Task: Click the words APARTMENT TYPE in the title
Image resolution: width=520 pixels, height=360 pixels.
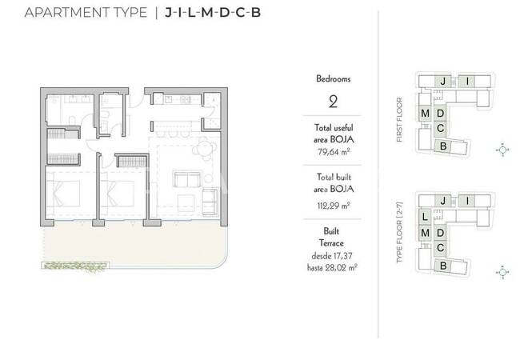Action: click(86, 13)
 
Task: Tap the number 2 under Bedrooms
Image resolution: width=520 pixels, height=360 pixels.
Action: click(333, 102)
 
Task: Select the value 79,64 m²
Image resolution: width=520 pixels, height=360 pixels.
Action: click(333, 152)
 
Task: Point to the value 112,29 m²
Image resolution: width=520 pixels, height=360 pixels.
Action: click(333, 206)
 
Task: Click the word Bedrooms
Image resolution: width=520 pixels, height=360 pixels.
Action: click(334, 79)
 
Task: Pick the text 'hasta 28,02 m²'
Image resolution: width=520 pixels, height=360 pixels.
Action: click(332, 267)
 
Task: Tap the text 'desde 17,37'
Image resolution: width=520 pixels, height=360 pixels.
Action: click(332, 256)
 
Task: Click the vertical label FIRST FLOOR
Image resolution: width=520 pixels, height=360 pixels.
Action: click(399, 120)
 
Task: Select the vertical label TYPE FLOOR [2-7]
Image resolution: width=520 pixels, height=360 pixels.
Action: click(399, 232)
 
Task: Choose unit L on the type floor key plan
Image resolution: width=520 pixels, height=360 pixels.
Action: click(425, 217)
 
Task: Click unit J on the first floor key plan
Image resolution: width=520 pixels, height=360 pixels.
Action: click(443, 82)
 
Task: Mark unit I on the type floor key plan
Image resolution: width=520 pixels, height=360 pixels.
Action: click(467, 201)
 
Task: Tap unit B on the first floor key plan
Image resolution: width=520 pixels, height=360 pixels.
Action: click(443, 146)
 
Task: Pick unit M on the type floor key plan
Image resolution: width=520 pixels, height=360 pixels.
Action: click(425, 233)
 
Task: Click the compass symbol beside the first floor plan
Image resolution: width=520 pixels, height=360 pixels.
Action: click(502, 150)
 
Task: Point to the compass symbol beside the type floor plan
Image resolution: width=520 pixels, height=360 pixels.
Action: click(502, 273)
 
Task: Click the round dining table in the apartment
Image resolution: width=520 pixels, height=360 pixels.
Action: click(205, 148)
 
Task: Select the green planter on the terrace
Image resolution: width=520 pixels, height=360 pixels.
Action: click(75, 266)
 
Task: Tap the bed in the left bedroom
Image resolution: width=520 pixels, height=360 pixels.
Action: click(63, 194)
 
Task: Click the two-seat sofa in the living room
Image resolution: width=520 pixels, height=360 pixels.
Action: click(188, 179)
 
